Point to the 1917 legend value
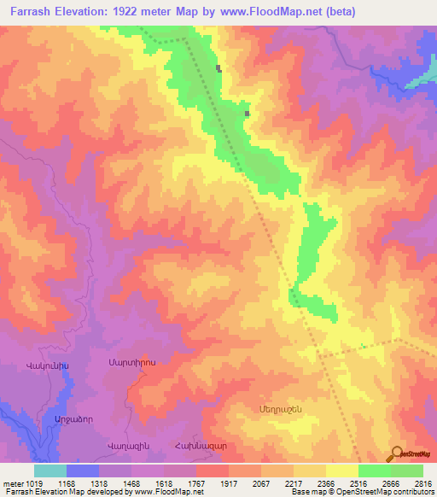[229, 482]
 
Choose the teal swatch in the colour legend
[50, 471]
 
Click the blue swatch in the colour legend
[83, 471]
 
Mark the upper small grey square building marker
[219, 68]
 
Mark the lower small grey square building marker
[247, 113]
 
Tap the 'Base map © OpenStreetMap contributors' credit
[359, 492]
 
